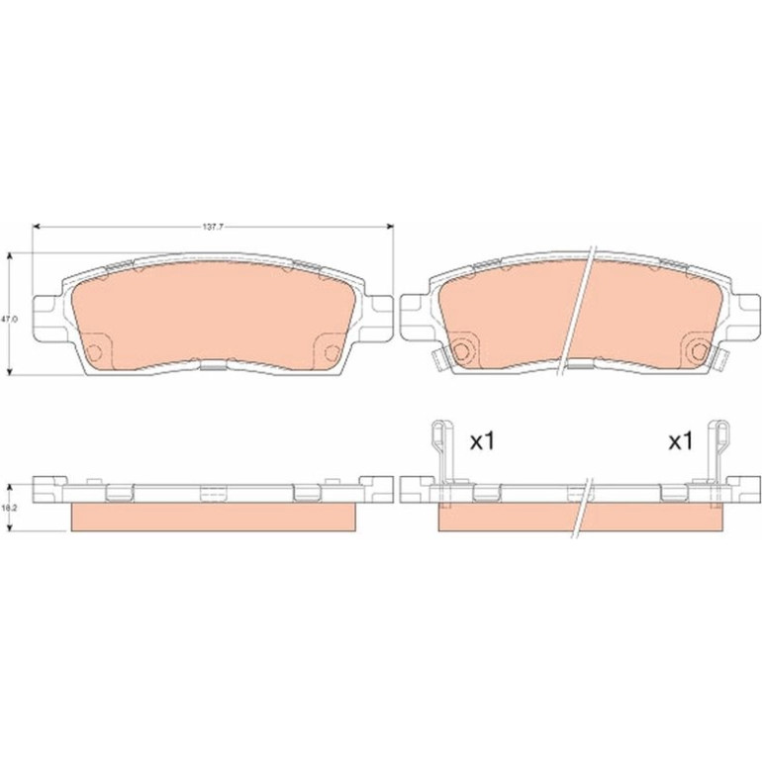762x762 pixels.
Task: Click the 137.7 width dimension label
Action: pyautogui.click(x=213, y=227)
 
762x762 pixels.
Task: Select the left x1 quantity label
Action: pyautogui.click(x=482, y=441)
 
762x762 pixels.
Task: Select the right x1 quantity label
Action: pyautogui.click(x=681, y=441)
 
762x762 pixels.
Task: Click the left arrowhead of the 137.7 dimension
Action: pyautogui.click(x=36, y=227)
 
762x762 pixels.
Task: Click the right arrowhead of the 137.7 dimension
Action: pyautogui.click(x=390, y=227)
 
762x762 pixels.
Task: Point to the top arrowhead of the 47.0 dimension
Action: pyautogui.click(x=9, y=256)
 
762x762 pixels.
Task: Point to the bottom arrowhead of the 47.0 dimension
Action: pyautogui.click(x=9, y=372)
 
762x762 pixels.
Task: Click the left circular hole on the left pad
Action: pyautogui.click(x=95, y=352)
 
